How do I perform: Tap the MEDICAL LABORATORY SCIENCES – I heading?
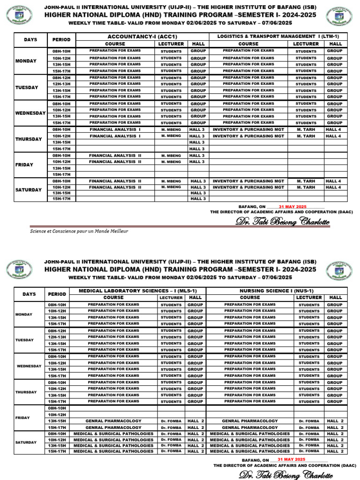coord(137,291)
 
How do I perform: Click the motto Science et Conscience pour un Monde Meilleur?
coord(79,231)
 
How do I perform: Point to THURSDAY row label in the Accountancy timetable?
coord(29,139)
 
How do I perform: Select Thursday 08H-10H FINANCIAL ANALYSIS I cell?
coord(115,129)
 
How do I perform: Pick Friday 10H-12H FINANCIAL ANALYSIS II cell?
coord(115,162)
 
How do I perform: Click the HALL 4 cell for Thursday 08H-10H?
coord(333,129)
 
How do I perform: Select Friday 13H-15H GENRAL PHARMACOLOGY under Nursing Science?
coord(250,421)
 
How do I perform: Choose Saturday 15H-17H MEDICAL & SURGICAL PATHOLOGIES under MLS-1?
coord(113,451)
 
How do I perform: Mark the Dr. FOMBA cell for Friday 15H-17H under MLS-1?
coord(171,427)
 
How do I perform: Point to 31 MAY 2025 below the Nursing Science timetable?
coord(291,459)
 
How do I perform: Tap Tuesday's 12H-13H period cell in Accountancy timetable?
coord(61,84)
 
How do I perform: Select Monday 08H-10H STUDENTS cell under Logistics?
coord(306,51)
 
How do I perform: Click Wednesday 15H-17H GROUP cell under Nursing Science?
coord(335,376)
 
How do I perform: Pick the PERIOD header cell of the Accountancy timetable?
coord(61,40)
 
